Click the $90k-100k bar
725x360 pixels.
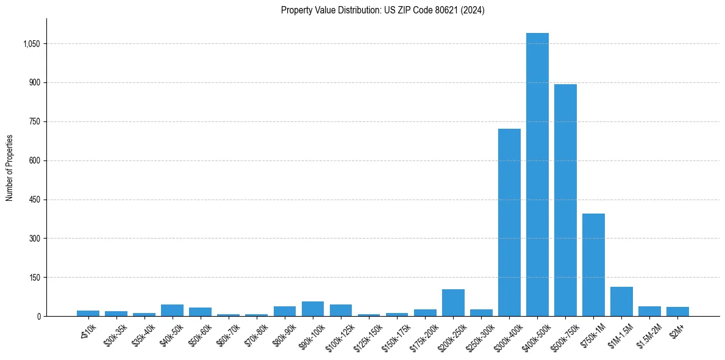pos(313,309)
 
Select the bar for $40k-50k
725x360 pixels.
pos(173,310)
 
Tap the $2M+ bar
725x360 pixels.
pos(677,311)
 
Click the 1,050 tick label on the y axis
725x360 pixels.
pos(31,44)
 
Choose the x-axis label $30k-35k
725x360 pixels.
pos(115,334)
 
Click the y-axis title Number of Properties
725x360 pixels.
pos(10,168)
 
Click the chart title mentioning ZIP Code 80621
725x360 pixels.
pos(382,10)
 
